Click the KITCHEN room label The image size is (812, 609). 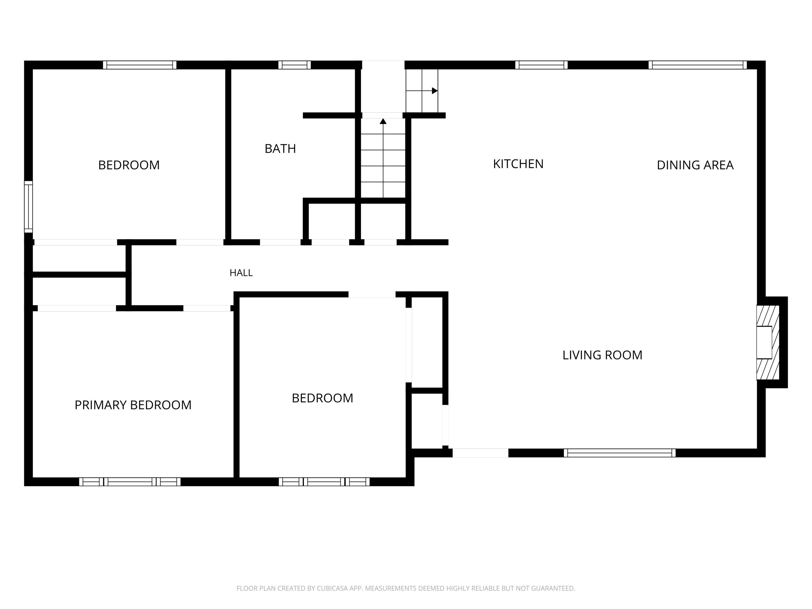coord(518,164)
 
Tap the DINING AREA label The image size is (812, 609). coord(695,165)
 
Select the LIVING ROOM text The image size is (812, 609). coord(602,355)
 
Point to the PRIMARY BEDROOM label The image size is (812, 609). coord(133,405)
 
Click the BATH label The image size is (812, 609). coord(280,149)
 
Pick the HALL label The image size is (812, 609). coord(241,273)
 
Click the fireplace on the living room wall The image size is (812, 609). coord(768,342)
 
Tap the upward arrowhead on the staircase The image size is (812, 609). coord(383,121)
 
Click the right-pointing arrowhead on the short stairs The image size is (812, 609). coord(435,91)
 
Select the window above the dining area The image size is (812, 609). coord(697,65)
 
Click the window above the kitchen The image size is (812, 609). coord(541,65)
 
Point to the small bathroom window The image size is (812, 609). coord(294,65)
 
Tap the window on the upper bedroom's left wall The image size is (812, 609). coord(29,207)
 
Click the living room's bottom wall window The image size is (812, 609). coord(620,453)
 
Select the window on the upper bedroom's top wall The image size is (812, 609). coord(140,65)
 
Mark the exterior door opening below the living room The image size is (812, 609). coord(480,453)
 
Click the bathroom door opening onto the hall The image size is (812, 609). coord(280,242)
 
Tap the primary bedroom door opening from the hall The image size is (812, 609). coord(207,308)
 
